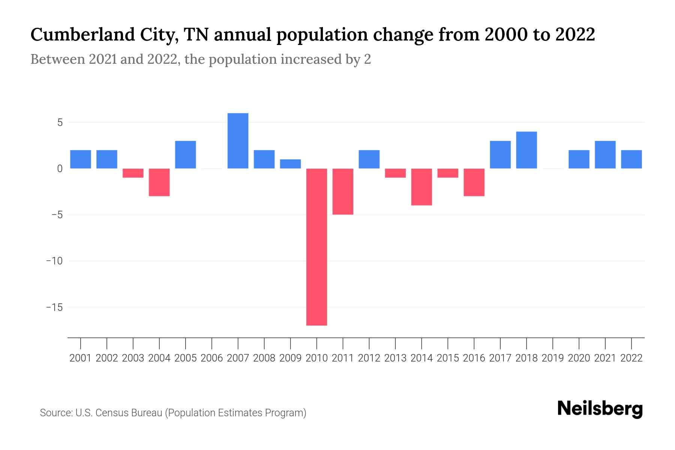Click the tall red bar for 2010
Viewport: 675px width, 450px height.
click(316, 247)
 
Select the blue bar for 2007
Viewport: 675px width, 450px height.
click(238, 141)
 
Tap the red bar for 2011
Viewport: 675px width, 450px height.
click(343, 191)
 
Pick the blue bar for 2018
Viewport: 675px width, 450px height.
click(526, 150)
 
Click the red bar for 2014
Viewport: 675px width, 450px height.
click(421, 187)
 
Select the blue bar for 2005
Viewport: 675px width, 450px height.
click(186, 154)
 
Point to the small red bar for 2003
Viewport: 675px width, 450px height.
click(133, 173)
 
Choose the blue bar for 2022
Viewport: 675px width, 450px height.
click(631, 159)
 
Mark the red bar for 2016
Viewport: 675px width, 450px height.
click(474, 182)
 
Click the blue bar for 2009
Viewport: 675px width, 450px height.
click(290, 164)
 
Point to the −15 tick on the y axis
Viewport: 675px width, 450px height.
click(54, 307)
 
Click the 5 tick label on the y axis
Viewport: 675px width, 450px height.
click(60, 123)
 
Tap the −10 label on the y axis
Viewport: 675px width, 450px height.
click(54, 261)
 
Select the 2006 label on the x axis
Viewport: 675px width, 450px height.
click(212, 358)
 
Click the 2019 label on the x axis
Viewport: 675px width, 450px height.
click(553, 358)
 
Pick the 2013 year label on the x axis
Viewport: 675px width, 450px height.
click(395, 358)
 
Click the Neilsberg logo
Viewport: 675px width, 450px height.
click(600, 409)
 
